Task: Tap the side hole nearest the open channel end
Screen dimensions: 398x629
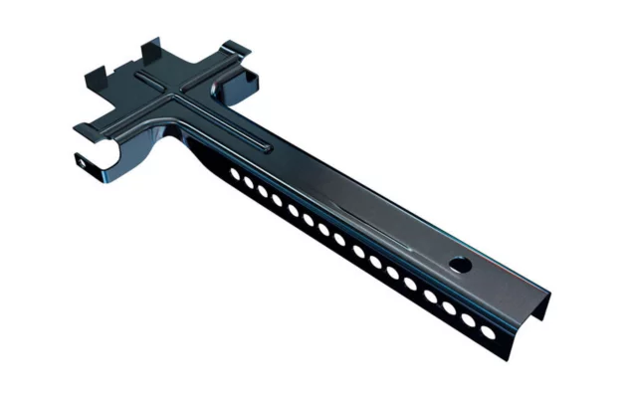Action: (x=488, y=330)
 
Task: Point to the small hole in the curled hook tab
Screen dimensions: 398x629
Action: (x=80, y=158)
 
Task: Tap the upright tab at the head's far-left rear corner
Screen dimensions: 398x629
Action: (x=98, y=73)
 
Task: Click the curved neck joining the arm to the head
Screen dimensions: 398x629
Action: (x=184, y=139)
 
